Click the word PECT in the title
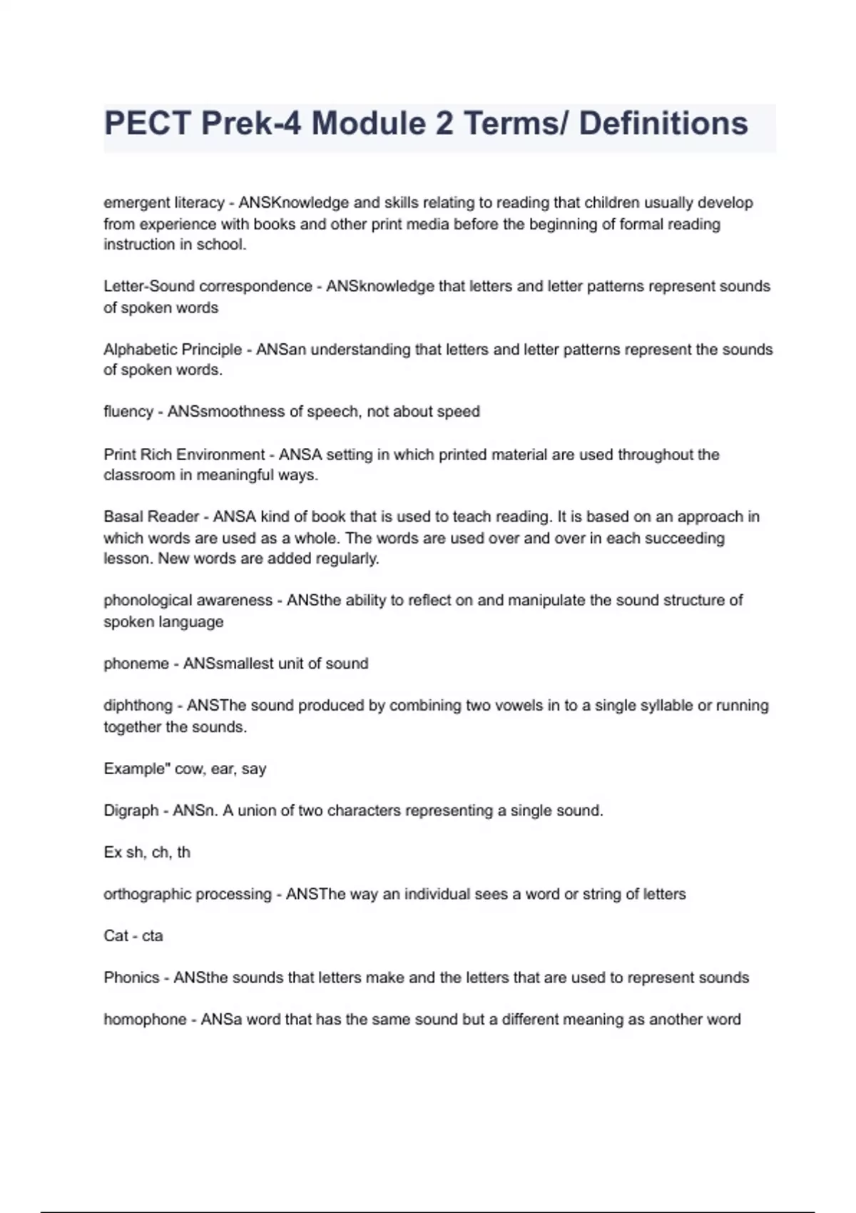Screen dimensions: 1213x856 148,123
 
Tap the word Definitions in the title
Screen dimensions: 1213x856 663,123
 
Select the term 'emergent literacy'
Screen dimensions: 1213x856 163,203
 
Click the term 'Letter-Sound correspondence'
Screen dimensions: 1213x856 208,286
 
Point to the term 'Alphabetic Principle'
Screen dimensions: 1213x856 173,350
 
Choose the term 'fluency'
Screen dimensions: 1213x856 128,412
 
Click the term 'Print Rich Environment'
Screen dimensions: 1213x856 184,455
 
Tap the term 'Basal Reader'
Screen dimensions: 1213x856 151,517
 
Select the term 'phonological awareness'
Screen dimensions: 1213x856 188,600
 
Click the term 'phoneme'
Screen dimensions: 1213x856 136,664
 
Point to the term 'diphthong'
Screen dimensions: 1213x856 138,706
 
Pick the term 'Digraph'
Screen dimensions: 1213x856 131,811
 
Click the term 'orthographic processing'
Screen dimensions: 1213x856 188,894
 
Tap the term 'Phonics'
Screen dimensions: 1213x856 131,978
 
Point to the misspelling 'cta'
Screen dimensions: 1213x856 153,936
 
